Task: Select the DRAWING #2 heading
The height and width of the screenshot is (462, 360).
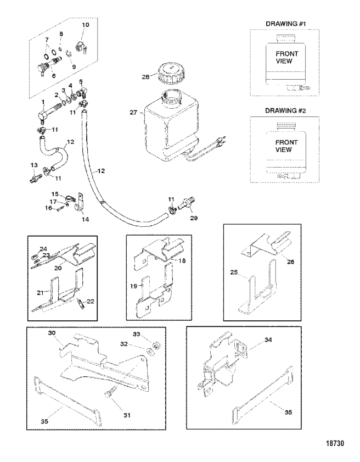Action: [x=288, y=110]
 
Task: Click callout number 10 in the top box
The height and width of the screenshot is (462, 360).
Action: [x=85, y=25]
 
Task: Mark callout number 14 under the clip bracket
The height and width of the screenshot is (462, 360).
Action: [x=85, y=218]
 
